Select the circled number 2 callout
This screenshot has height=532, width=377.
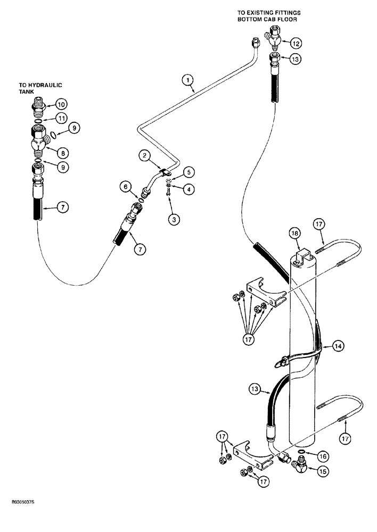(144, 155)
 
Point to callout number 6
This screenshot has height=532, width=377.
(126, 186)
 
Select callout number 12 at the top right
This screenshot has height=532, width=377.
(296, 43)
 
